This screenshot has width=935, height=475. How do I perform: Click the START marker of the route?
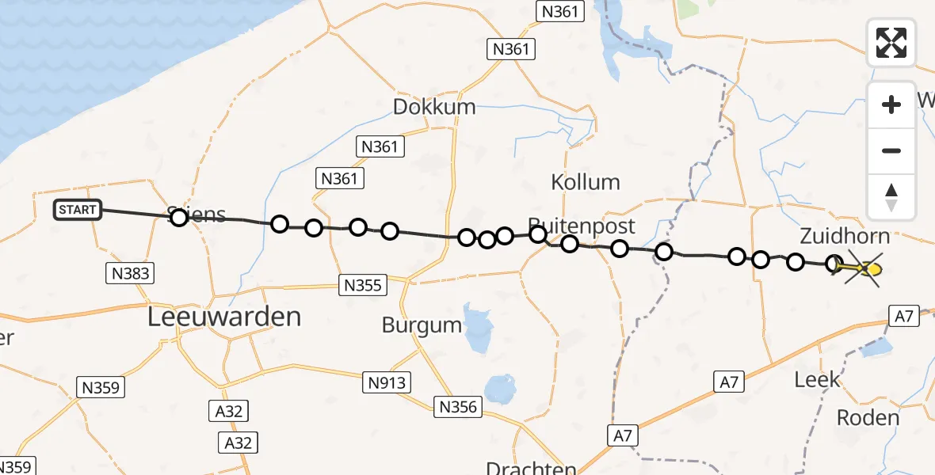pos(78,210)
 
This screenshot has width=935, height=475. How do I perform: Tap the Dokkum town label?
pos(434,107)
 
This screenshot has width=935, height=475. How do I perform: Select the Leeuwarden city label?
pos(225,317)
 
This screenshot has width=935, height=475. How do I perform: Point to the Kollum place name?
pos(585,182)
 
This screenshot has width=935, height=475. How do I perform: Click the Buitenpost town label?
pos(582,226)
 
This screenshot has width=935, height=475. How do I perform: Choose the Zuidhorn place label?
pos(845,236)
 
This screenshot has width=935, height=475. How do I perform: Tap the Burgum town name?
pos(422,325)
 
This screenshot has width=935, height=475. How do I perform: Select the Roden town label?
pos(868,417)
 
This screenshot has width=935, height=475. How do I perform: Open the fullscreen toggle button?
pos(891,43)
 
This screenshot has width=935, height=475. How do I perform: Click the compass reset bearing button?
pos(891,197)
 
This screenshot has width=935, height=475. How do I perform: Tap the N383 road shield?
pos(128,274)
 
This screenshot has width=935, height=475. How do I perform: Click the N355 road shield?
pos(363,285)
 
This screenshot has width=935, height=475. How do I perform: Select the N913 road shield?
pos(387,383)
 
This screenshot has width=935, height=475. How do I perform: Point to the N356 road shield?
pos(457,407)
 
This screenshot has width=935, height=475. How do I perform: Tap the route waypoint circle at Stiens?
pos(179,217)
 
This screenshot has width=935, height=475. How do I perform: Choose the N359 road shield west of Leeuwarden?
pos(101,387)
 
